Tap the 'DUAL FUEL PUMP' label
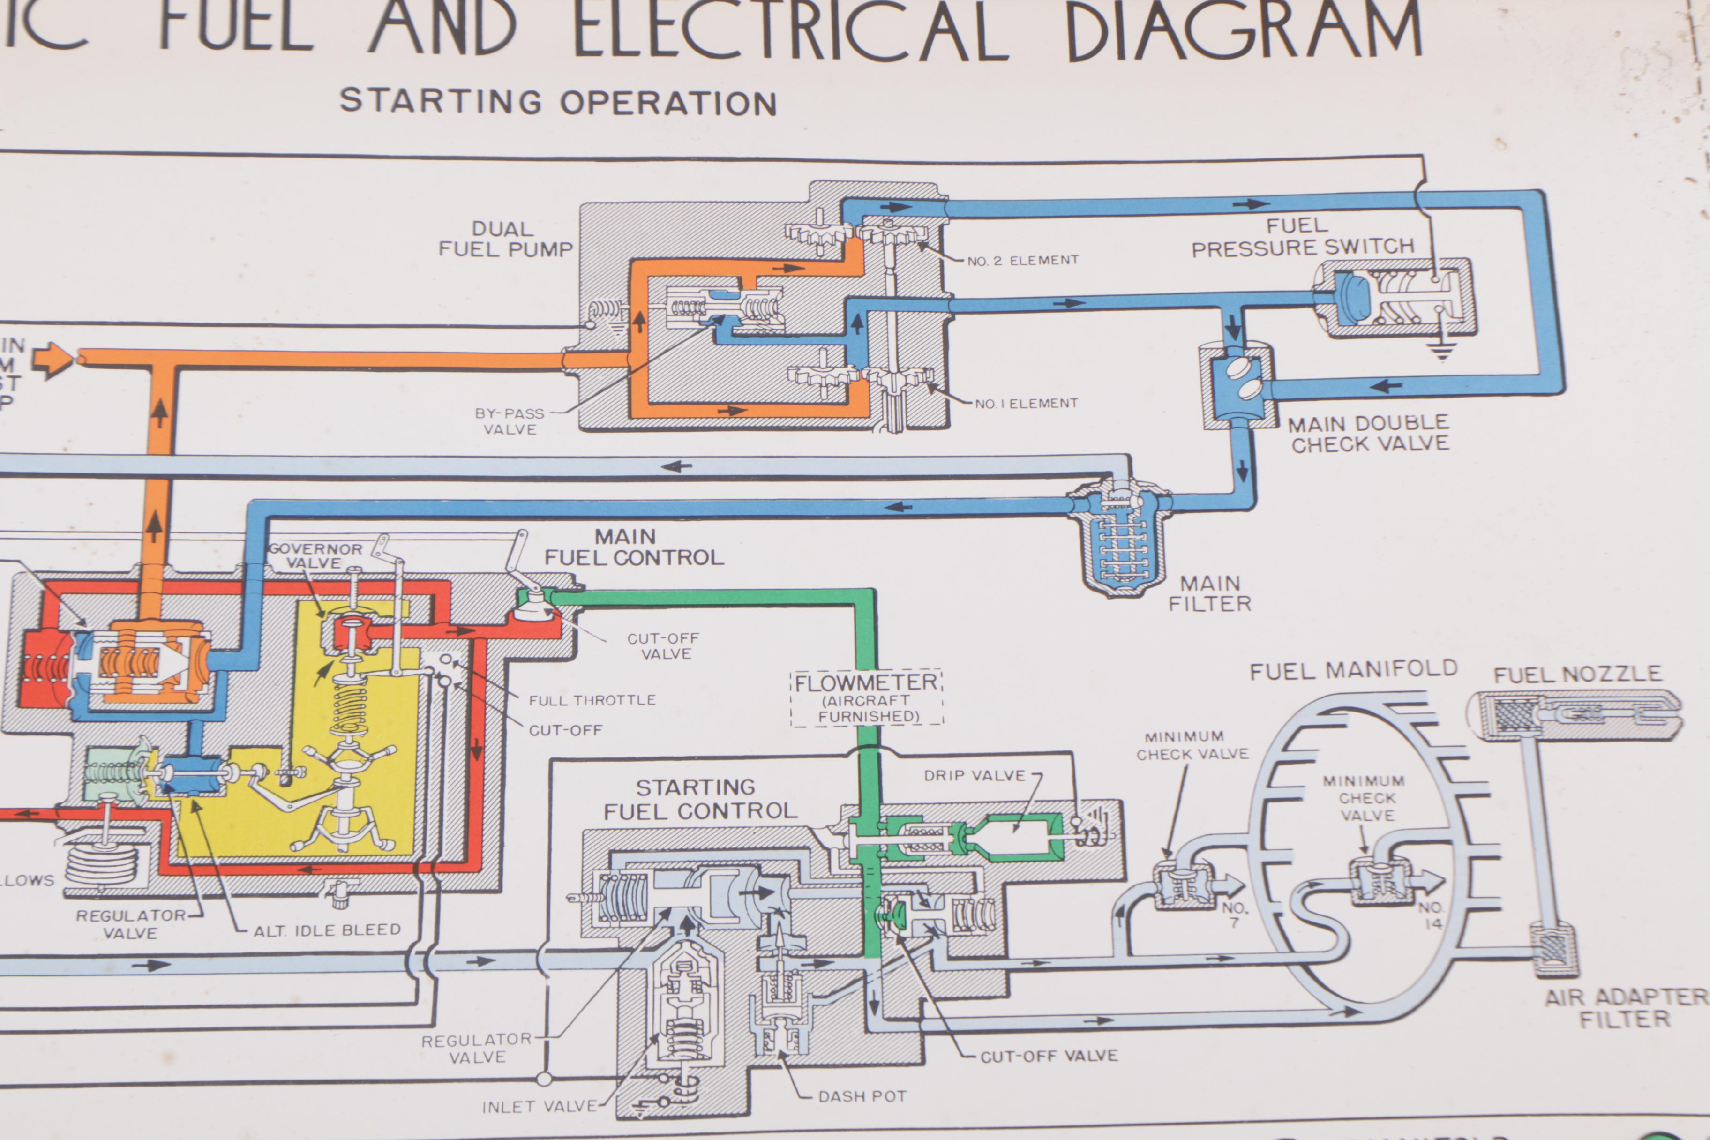pos(505,239)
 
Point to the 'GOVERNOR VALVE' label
pos(315,555)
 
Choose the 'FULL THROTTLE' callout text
pos(592,700)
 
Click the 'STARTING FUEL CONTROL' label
pos(699,799)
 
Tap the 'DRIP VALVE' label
pos(974,776)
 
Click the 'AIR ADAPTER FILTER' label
pos(1626,1008)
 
